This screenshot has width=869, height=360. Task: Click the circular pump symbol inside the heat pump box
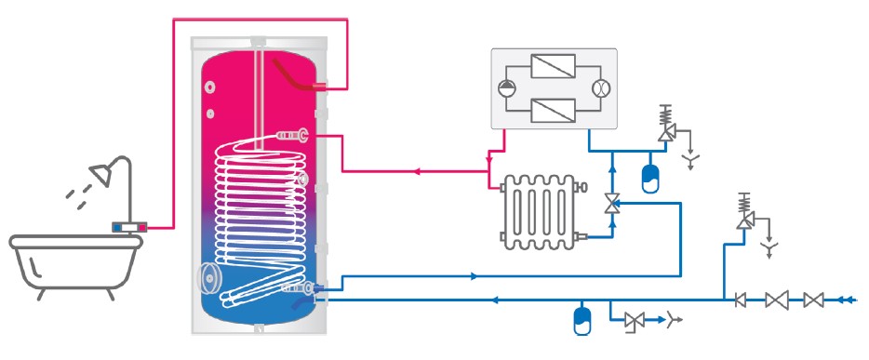[x=507, y=89]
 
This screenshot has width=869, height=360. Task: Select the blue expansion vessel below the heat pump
[x=650, y=176]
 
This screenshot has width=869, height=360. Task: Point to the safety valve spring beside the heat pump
[x=665, y=116]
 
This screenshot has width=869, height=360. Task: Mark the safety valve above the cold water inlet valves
[x=744, y=216]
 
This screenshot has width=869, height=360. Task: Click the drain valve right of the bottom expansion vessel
[x=636, y=320]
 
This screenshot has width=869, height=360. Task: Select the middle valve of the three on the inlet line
[x=777, y=300]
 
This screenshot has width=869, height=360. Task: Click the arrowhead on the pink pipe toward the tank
[x=418, y=171]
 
